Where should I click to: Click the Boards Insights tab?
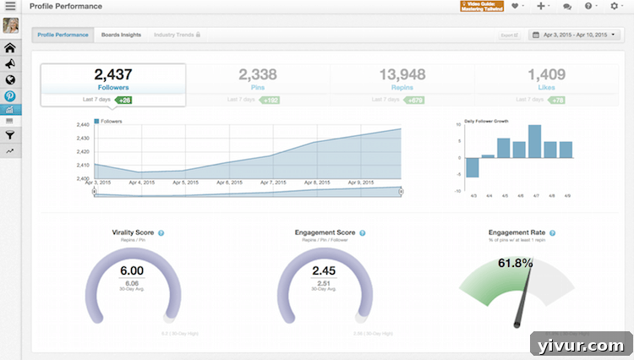[x=121, y=35]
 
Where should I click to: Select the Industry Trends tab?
[x=174, y=35]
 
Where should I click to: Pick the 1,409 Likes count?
[x=546, y=74]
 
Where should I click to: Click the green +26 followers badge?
[x=124, y=100]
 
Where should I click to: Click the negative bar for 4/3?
[x=472, y=167]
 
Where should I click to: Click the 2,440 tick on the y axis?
[x=83, y=124]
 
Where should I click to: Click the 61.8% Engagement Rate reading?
[x=515, y=264]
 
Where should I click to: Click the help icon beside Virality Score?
[x=161, y=232]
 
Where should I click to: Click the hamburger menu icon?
[x=11, y=7]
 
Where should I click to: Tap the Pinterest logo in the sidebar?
[x=11, y=95]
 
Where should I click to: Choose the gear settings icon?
[x=615, y=7]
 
